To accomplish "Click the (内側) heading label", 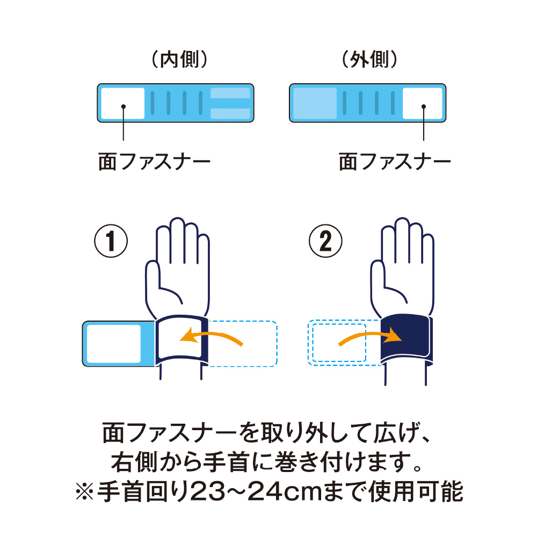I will pyautogui.click(x=177, y=60).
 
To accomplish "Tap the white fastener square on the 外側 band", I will pyautogui.click(x=423, y=103).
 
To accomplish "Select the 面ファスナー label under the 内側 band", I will pyautogui.click(x=154, y=162).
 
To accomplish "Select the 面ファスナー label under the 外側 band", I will pyautogui.click(x=395, y=162).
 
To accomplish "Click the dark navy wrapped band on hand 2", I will pyautogui.click(x=406, y=337).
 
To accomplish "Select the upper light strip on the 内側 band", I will pyautogui.click(x=230, y=93).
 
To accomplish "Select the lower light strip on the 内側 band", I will pyautogui.click(x=230, y=113).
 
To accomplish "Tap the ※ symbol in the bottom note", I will pyautogui.click(x=84, y=491).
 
